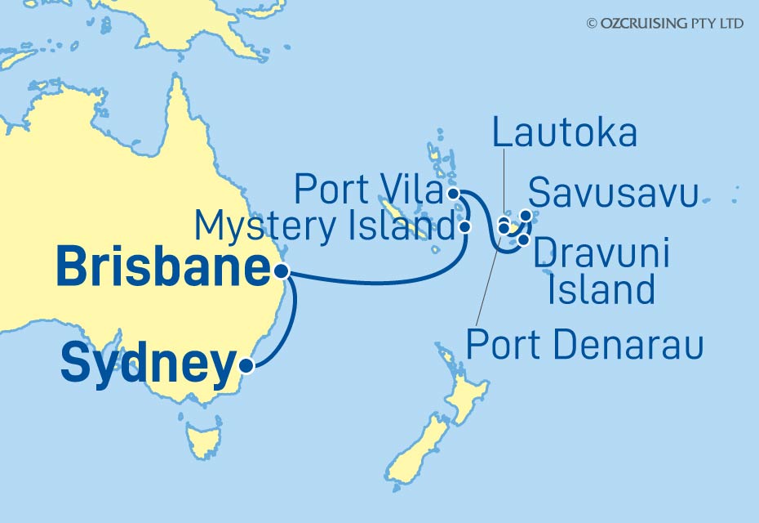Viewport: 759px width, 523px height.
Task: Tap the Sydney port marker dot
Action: [x=246, y=367]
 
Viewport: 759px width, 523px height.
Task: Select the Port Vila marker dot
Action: [x=453, y=194]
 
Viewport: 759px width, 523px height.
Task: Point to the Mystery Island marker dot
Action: [x=465, y=226]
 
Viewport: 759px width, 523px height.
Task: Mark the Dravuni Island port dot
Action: [x=523, y=239]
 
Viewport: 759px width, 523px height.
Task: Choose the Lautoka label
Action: [x=564, y=133]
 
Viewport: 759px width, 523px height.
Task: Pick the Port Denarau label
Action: [x=584, y=346]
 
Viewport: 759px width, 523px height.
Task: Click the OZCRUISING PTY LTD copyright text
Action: [x=664, y=24]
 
